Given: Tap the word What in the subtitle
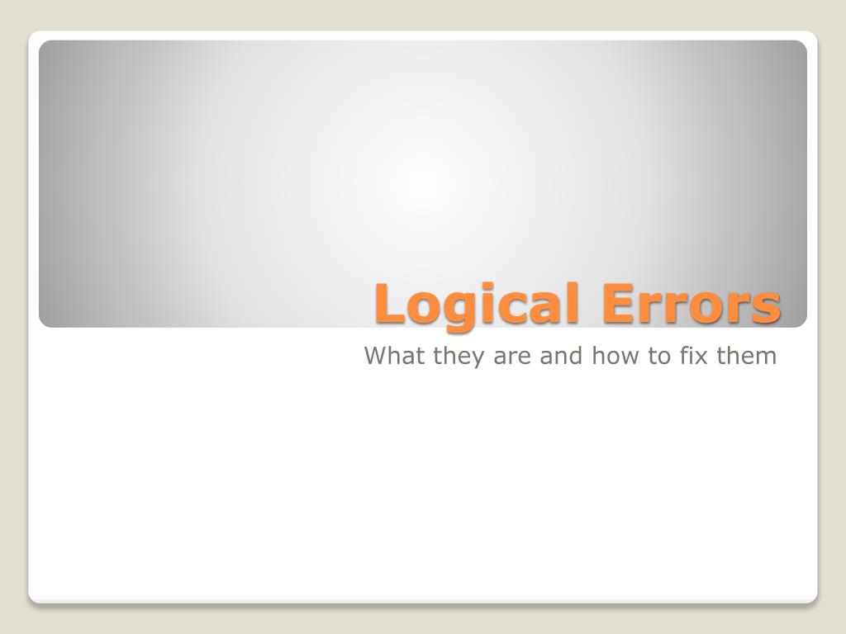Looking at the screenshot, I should pos(390,357).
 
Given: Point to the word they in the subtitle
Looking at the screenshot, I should pos(451,357).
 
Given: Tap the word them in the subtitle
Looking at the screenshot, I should pos(748,357).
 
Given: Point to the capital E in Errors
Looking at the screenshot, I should pos(616,303).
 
